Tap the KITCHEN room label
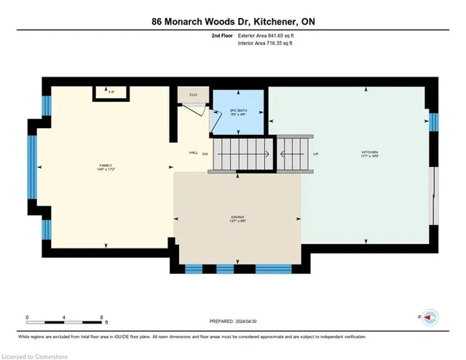coord(370,154)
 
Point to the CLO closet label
coord(193,95)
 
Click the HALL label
coord(194,153)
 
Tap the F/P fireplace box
coord(111,93)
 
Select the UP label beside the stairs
coord(316,154)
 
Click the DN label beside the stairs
coord(205,154)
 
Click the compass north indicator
coord(430,317)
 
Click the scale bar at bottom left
coord(65,322)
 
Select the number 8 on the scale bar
coord(101,316)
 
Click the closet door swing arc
coord(193,110)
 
